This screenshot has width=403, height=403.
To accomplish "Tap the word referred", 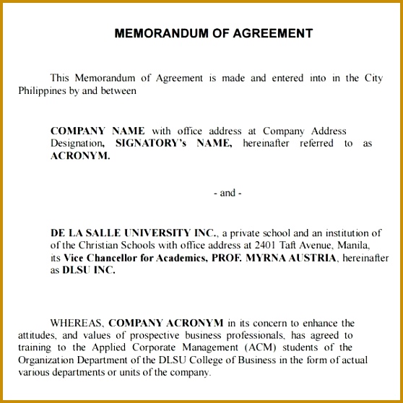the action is tap(318, 143).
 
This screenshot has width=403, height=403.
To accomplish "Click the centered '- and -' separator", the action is tap(227, 193).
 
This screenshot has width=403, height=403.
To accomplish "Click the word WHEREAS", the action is tap(77, 323).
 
